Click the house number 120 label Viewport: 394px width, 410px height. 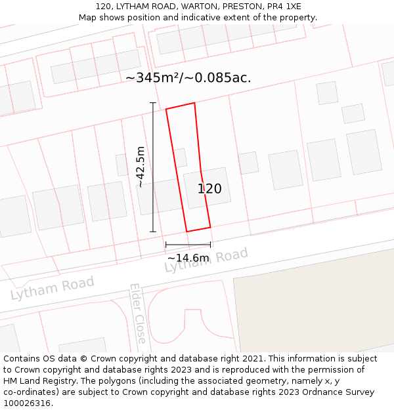(x=209, y=189)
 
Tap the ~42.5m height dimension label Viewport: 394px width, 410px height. (x=141, y=167)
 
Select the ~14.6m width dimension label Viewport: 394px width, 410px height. (x=188, y=258)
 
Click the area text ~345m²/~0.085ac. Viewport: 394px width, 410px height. (x=188, y=77)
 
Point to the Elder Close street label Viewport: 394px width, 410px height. (x=138, y=314)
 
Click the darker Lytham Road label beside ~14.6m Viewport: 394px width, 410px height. (x=206, y=260)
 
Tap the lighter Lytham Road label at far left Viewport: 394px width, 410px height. (x=53, y=288)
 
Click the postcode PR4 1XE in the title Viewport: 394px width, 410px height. (x=284, y=7)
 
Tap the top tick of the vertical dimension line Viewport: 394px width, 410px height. (x=153, y=103)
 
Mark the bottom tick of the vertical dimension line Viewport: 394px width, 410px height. (x=153, y=232)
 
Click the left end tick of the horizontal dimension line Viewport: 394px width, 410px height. (x=166, y=245)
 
